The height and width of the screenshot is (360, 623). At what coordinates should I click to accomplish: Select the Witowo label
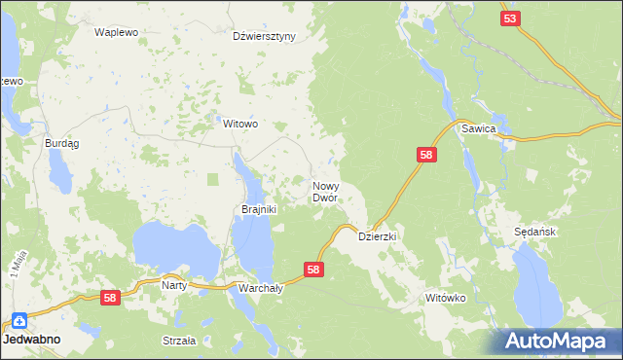point(240,125)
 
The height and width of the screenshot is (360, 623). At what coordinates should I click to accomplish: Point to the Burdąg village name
point(62,143)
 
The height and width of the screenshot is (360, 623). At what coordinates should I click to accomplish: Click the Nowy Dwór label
point(325,191)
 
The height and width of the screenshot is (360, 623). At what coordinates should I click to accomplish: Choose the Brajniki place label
point(260,209)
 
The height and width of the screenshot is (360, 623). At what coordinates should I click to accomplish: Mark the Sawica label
point(480,129)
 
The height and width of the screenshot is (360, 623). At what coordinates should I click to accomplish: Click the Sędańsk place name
point(534,233)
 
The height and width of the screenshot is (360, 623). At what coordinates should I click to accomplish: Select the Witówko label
point(448,298)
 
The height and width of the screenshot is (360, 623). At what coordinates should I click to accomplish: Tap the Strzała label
point(179,341)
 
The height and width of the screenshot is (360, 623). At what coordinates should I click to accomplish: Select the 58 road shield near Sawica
point(426,155)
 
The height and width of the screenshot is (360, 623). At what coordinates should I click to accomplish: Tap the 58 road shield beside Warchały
point(313,270)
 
